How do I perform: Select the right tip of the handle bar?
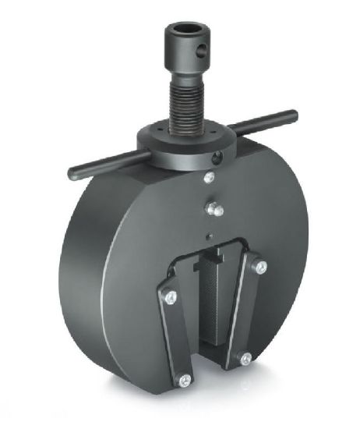[294, 116]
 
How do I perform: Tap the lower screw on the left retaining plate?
[184, 381]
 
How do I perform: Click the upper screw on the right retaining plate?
[259, 268]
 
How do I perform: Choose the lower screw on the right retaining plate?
[245, 358]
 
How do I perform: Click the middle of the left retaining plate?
[175, 337]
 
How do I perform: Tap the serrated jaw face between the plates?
[211, 304]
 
